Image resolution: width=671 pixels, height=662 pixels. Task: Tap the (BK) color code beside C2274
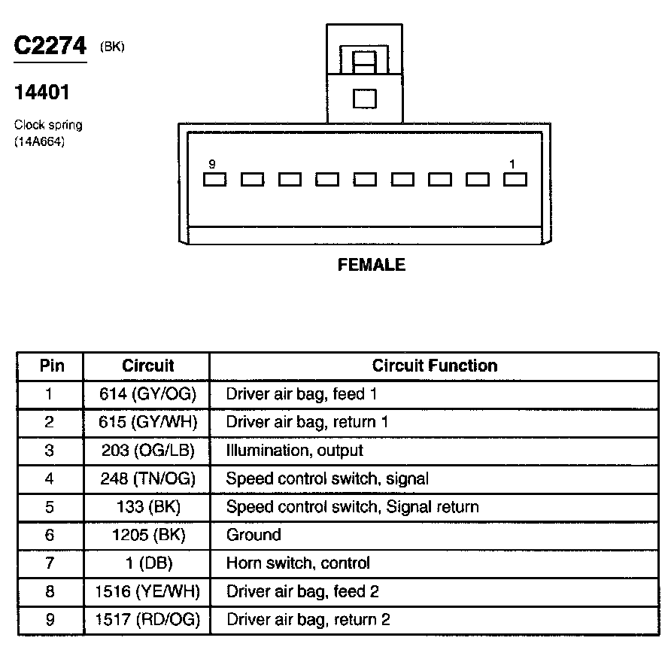[112, 47]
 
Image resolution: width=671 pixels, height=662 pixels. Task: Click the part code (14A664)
[39, 139]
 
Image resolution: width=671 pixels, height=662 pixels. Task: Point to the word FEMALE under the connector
[371, 265]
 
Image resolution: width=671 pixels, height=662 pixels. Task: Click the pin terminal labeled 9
[214, 180]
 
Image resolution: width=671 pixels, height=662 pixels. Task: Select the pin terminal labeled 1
[515, 180]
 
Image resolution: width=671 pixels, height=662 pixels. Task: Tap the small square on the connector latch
[364, 99]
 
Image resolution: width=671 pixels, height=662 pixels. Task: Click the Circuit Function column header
[434, 366]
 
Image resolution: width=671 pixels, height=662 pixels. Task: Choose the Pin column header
[52, 366]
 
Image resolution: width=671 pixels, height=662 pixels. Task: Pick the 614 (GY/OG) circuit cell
[147, 393]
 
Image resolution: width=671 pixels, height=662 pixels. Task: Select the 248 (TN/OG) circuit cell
[147, 478]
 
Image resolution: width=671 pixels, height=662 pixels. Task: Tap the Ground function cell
[254, 535]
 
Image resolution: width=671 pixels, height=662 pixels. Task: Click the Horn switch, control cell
[298, 563]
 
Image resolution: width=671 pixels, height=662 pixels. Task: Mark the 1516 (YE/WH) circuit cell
[147, 591]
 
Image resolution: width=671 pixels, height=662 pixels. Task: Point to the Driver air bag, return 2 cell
[308, 620]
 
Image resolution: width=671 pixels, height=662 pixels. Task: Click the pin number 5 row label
[50, 507]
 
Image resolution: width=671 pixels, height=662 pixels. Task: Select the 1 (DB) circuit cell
[147, 563]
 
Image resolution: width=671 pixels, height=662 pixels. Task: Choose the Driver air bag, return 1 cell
[307, 422]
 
